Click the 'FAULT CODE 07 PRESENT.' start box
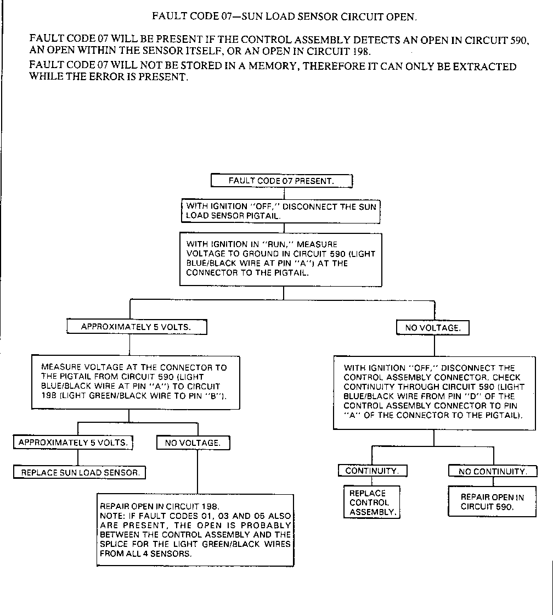281,181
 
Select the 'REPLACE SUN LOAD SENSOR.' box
80,472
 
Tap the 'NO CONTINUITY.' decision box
493,471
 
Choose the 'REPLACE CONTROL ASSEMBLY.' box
371,502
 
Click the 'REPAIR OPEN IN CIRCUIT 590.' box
492,502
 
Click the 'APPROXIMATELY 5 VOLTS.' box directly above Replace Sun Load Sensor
73,442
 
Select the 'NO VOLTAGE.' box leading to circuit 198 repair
193,443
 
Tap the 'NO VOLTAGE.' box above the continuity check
432,328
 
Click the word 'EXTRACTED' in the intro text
485,67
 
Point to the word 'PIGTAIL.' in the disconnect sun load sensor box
261,216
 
